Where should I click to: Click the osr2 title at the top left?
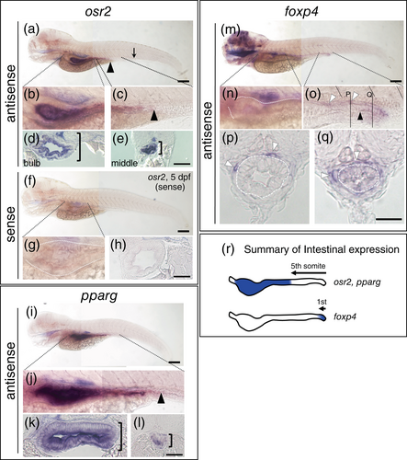(98, 13)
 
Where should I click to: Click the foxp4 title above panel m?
(301, 13)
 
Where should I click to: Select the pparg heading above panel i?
(99, 296)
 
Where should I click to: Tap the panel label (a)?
(31, 30)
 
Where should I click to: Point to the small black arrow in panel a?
(134, 52)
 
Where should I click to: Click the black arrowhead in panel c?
(155, 115)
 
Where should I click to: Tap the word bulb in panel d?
(32, 163)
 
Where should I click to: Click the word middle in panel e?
(124, 163)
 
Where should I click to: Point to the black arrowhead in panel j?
(162, 399)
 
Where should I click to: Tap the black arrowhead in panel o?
(361, 116)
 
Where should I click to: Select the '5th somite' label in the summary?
(308, 266)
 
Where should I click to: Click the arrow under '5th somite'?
(309, 272)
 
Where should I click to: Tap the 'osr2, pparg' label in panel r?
(357, 282)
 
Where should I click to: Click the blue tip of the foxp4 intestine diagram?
(323, 317)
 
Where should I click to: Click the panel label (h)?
(119, 246)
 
